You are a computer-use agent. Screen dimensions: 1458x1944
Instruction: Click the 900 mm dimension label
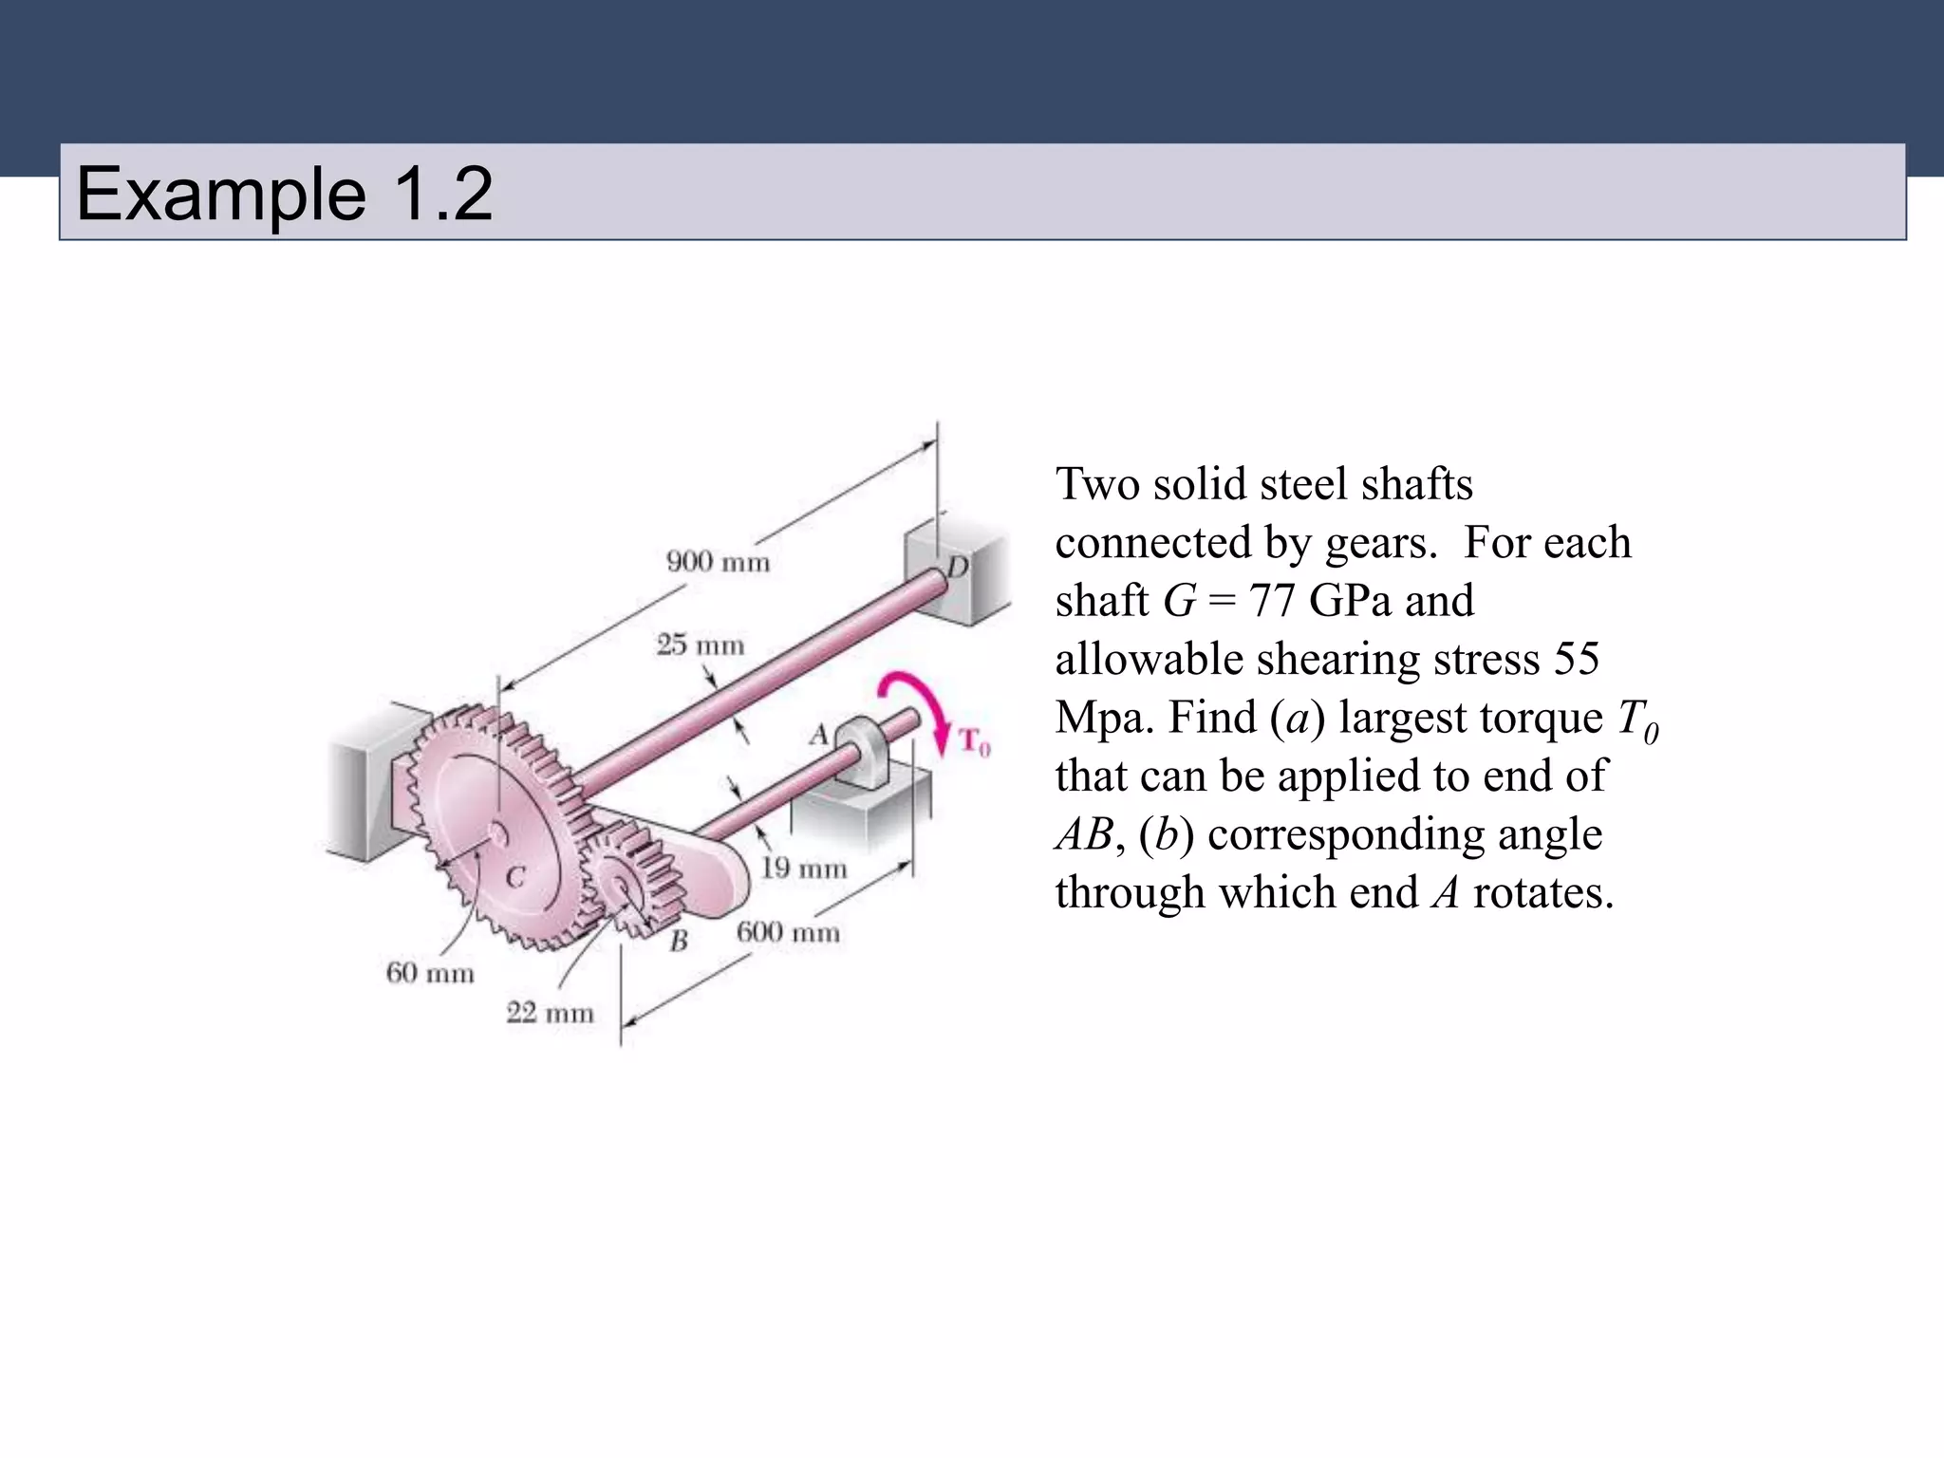click(718, 562)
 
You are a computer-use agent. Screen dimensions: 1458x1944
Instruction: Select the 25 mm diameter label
click(701, 645)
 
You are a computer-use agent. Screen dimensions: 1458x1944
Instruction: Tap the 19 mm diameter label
click(803, 868)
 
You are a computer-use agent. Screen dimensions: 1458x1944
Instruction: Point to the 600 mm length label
click(788, 932)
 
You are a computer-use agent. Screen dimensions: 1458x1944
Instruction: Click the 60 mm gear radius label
click(430, 973)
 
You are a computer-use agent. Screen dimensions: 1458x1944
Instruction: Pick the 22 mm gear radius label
click(550, 1013)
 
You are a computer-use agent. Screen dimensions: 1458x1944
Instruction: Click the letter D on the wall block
click(957, 568)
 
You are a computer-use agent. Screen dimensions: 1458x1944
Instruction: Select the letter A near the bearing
click(818, 735)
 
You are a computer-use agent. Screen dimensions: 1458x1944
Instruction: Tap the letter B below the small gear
click(678, 942)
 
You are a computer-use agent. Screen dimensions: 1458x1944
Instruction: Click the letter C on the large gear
click(514, 877)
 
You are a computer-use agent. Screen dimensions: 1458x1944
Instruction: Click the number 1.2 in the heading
click(442, 194)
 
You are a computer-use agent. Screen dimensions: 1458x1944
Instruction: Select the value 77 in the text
click(1272, 601)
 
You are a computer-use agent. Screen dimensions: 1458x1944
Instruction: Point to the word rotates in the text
click(1542, 893)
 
